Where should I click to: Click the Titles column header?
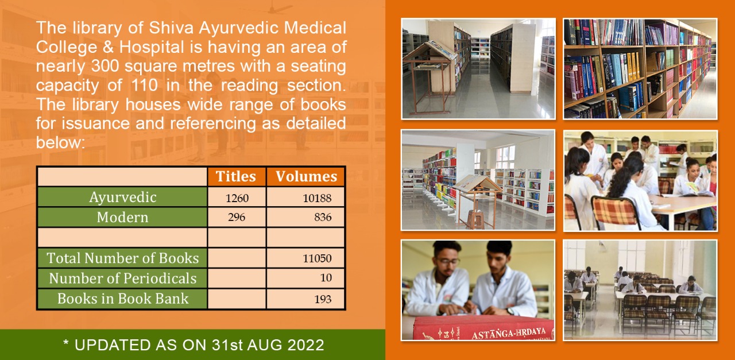pos(235,176)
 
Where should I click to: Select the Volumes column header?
pos(306,176)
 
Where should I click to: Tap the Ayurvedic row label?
pos(123,198)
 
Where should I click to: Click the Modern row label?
pos(122,217)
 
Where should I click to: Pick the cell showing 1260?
pos(237,198)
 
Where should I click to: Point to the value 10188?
pos(317,198)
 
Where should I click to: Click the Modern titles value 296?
pos(237,217)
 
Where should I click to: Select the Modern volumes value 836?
pos(323,217)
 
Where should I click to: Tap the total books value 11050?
pos(317,258)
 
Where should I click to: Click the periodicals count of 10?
pos(326,278)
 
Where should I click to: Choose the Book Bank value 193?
pos(323,299)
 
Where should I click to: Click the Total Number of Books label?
pos(123,258)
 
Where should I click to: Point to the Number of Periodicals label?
pos(123,278)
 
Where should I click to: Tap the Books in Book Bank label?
pos(123,299)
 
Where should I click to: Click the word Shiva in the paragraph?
pos(171,28)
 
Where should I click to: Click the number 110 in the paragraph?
pos(144,86)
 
